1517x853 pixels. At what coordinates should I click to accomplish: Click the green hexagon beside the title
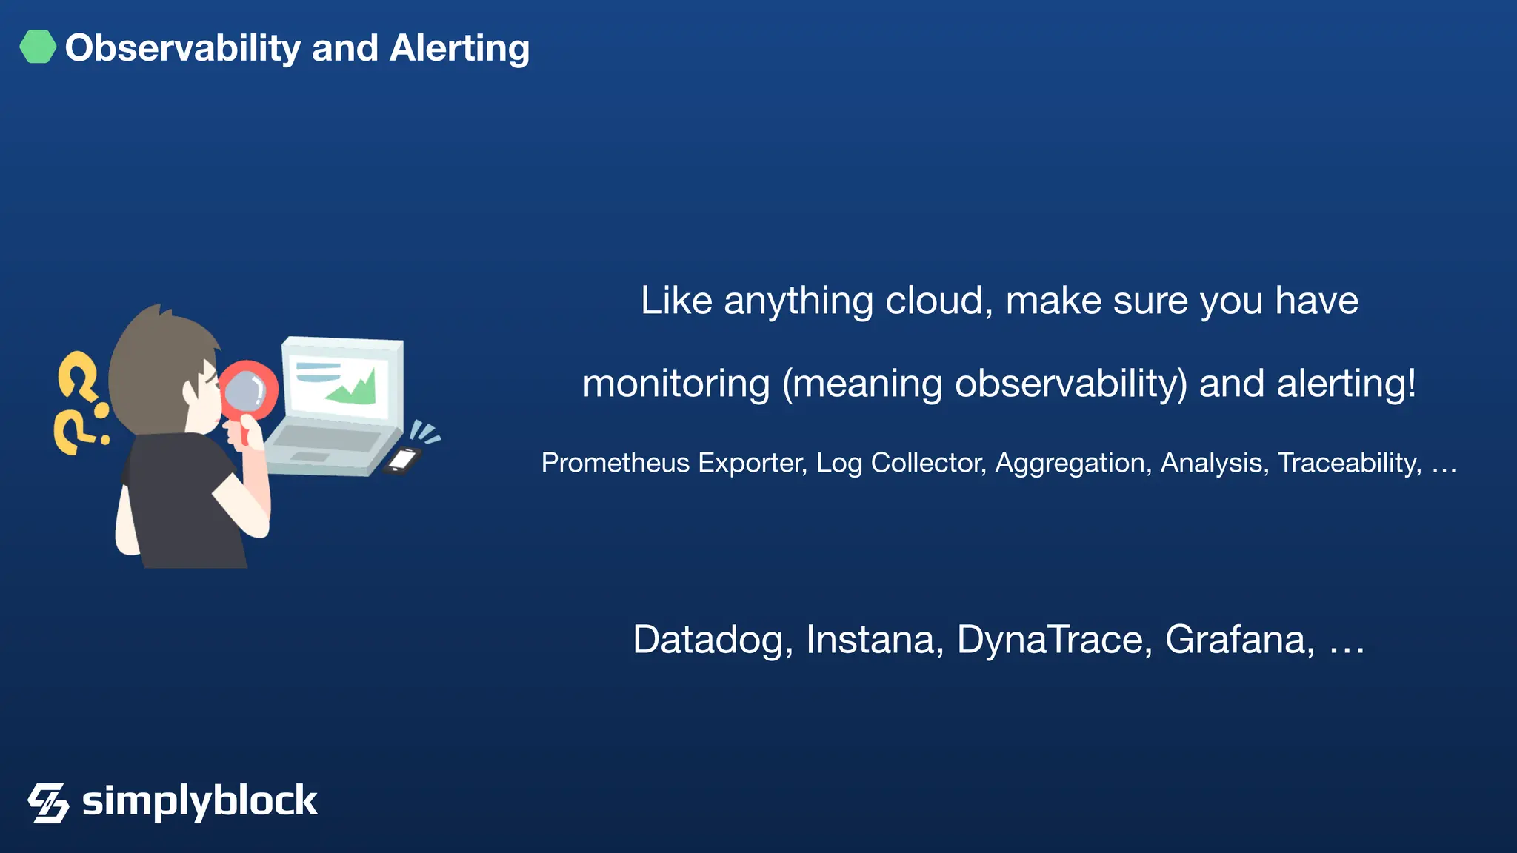coord(38,47)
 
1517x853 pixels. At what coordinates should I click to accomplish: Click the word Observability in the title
coord(182,49)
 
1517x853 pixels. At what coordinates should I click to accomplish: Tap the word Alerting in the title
coord(459,49)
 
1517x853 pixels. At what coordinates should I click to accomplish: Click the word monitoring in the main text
coord(676,384)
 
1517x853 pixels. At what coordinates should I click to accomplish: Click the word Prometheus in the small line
coord(615,463)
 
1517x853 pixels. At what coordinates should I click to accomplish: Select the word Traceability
coord(1349,463)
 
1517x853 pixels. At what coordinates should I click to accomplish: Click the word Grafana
coord(1239,640)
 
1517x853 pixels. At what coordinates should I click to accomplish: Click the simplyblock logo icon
coord(48,803)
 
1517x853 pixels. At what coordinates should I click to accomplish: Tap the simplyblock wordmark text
coord(199,801)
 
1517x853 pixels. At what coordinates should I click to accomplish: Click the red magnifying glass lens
coord(246,391)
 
